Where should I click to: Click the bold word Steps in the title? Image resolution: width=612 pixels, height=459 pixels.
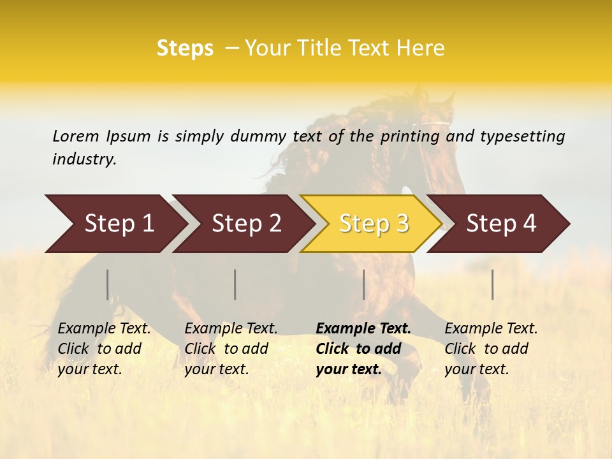(x=185, y=48)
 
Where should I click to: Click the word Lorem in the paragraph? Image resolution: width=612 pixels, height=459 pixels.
(x=76, y=136)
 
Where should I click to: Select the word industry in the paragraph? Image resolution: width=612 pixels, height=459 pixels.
(x=84, y=159)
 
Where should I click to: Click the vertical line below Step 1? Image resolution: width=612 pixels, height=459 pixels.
(x=108, y=284)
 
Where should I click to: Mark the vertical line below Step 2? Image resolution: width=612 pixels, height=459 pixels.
(x=235, y=284)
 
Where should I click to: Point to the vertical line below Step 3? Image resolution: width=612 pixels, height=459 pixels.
(x=364, y=284)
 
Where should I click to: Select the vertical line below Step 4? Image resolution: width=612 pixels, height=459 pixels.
(x=493, y=284)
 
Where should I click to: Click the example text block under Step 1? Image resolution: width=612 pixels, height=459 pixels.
(x=104, y=349)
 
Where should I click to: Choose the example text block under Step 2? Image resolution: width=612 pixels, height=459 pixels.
(x=231, y=349)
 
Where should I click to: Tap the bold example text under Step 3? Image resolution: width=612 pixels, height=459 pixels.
(x=363, y=349)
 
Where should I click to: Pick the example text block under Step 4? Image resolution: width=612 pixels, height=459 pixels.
(x=491, y=349)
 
